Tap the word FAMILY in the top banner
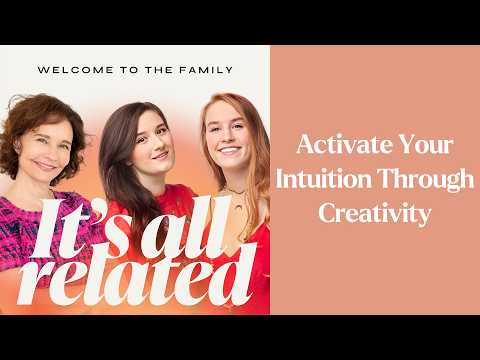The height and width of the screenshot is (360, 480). tap(207, 70)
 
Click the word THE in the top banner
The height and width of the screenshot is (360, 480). tap(161, 70)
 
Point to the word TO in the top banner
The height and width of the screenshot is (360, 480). tap(129, 70)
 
